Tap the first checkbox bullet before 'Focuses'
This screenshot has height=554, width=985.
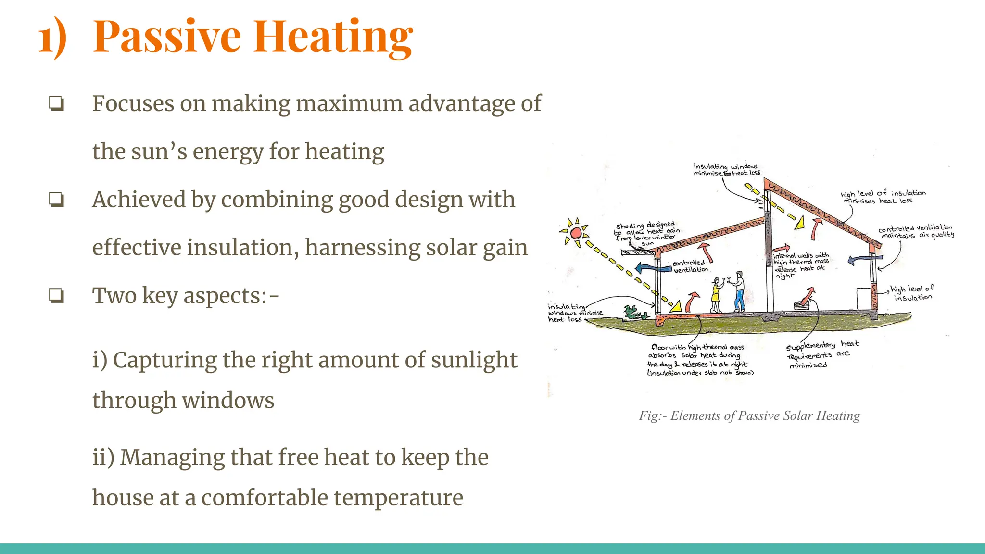pyautogui.click(x=56, y=104)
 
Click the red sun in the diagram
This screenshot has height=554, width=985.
pyautogui.click(x=576, y=233)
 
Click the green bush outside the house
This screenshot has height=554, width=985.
pyautogui.click(x=634, y=314)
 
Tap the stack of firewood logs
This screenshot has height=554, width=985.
pyautogui.click(x=802, y=304)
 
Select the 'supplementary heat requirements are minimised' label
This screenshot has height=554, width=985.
pyautogui.click(x=821, y=355)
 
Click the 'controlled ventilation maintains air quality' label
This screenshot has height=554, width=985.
pyautogui.click(x=916, y=231)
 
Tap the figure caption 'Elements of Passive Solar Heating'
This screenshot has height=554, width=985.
pyautogui.click(x=749, y=416)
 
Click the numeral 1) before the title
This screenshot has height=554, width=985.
pyautogui.click(x=52, y=38)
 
